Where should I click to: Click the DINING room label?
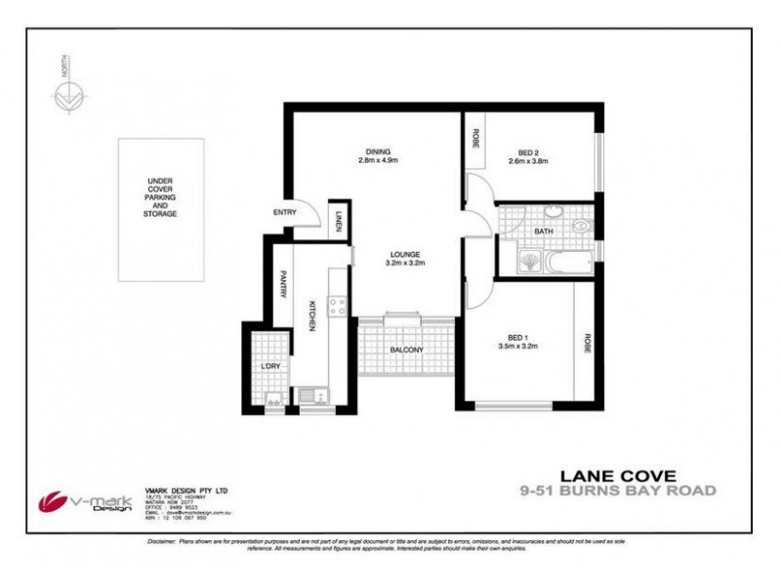(x=378, y=151)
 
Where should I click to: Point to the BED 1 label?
(x=518, y=337)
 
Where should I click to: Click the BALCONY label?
(x=407, y=350)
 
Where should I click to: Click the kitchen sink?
(x=312, y=395)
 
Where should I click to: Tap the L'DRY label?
(x=269, y=366)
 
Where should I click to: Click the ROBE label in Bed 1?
(x=588, y=344)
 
